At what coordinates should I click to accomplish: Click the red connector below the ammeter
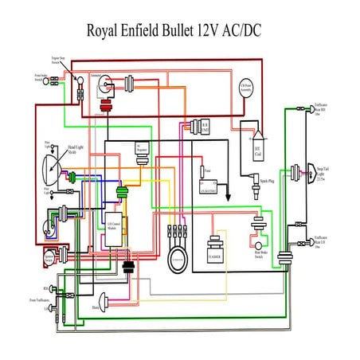click(105, 108)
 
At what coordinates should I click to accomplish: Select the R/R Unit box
click(204, 127)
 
